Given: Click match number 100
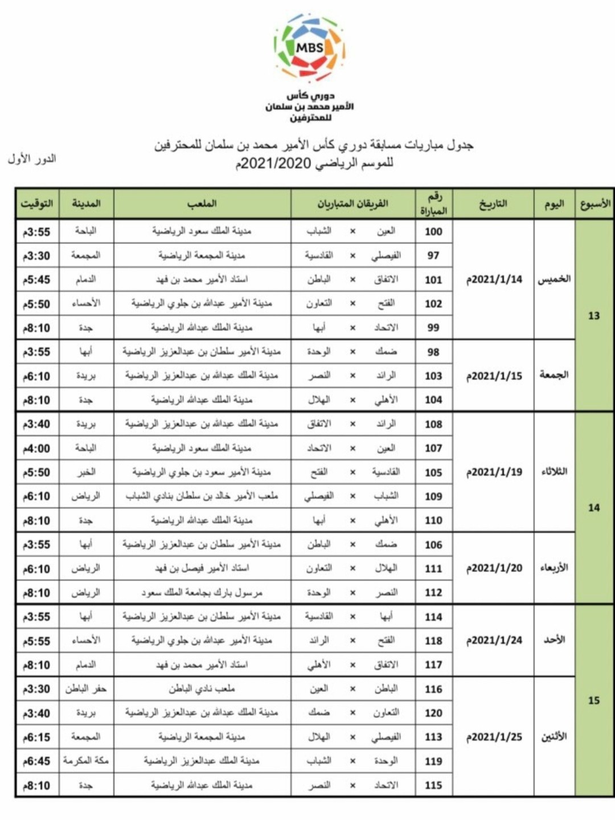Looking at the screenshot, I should tap(433, 231).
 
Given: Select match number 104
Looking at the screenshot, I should tap(433, 400).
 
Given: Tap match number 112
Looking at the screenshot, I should tap(433, 593).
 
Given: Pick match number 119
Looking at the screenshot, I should tap(433, 761).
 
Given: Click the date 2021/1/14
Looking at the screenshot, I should tap(494, 279).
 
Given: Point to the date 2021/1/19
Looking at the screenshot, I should tap(494, 472).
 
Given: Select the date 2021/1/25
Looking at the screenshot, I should tap(494, 737).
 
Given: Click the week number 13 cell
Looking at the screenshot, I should tap(594, 316).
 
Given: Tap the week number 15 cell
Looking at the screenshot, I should tap(594, 700).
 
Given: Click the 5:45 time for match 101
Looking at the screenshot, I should tap(36, 280).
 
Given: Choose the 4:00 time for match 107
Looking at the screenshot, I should tap(36, 448).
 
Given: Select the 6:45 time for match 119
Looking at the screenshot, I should tap(36, 761).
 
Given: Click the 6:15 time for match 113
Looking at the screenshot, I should tap(36, 737).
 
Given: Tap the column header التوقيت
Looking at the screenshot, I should tap(36, 203).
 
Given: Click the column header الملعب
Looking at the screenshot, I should tap(202, 203).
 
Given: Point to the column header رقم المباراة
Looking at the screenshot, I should tap(434, 204).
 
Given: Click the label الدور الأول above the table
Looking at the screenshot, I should tap(32, 159).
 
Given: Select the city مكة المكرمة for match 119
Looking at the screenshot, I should tap(85, 761).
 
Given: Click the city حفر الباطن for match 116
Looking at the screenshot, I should tap(85, 689).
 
